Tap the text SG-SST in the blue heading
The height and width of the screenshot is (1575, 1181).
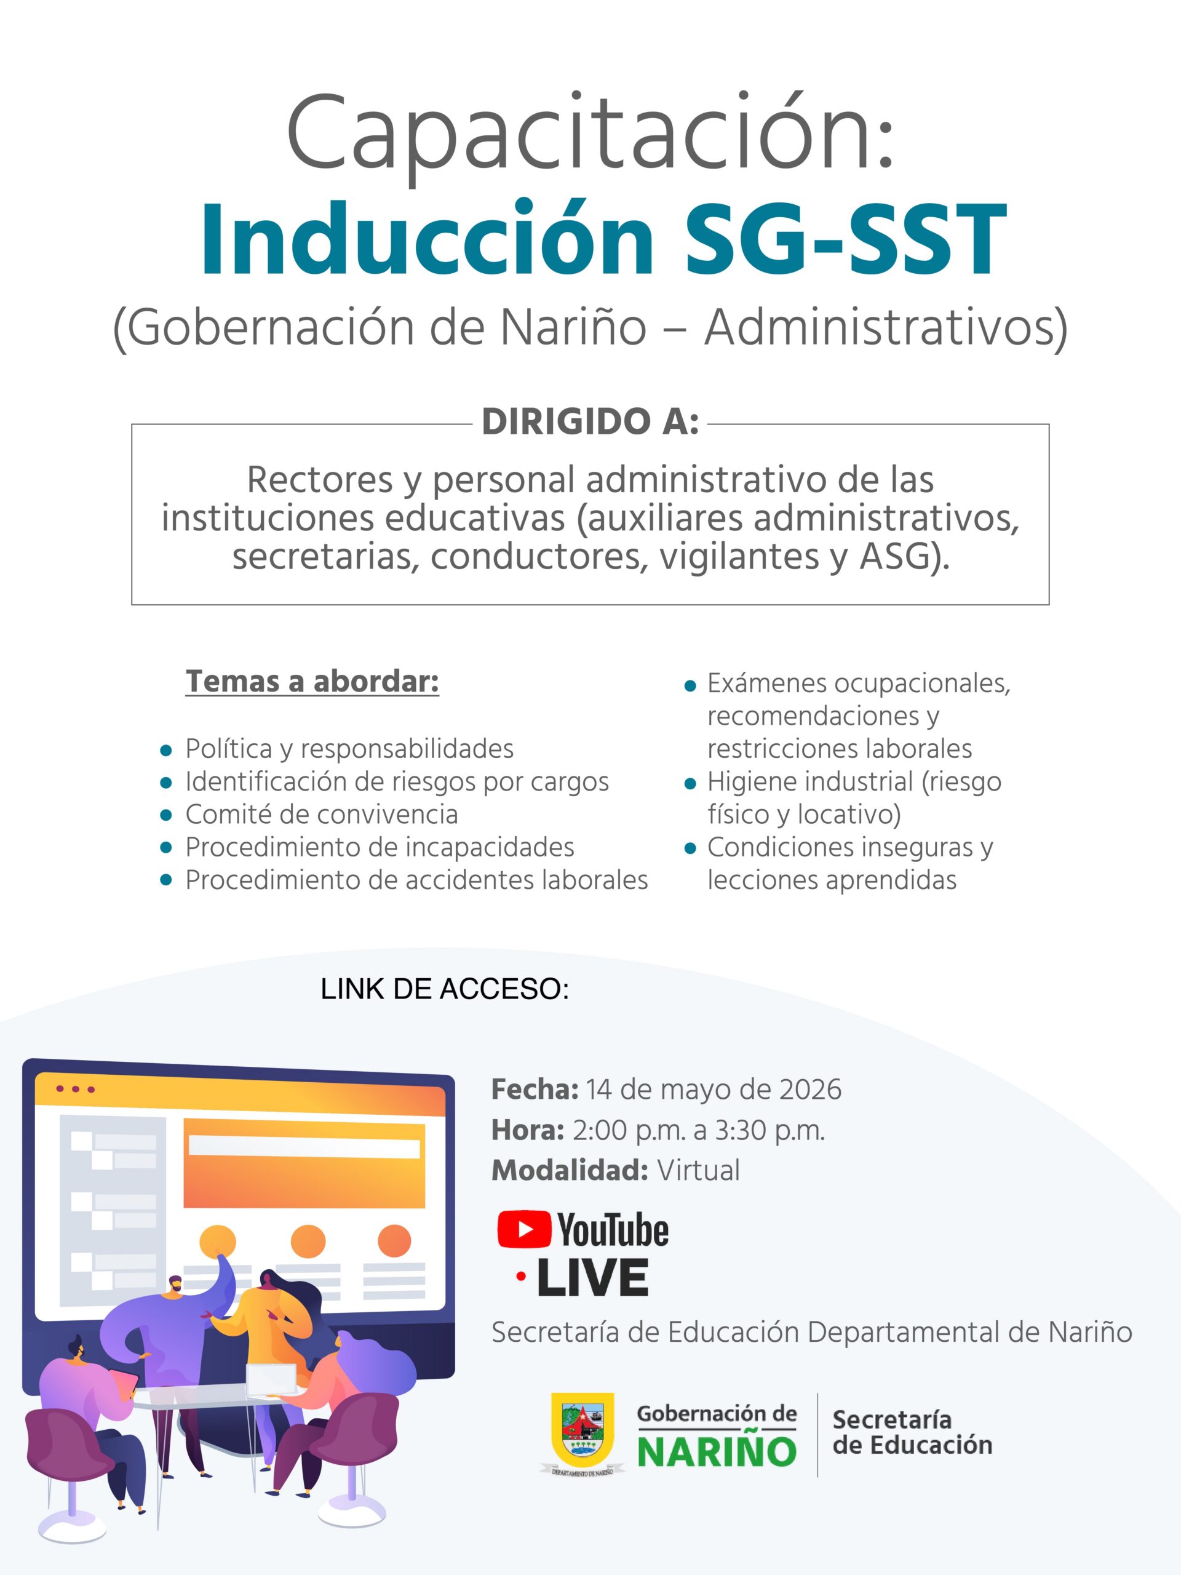(845, 239)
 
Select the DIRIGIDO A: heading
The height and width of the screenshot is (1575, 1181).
(590, 422)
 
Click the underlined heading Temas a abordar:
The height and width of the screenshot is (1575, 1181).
(312, 682)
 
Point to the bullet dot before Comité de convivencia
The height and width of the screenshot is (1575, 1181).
(167, 815)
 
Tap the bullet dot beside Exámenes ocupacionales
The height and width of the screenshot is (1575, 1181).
(689, 687)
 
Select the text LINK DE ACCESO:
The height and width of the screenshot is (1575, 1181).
(445, 989)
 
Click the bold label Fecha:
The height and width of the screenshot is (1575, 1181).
(535, 1090)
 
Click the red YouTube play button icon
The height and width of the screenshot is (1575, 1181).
(524, 1230)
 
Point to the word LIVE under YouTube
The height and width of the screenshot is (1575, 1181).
(592, 1277)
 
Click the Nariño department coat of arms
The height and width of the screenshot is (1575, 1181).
(583, 1427)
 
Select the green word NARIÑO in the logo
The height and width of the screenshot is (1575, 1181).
(716, 1452)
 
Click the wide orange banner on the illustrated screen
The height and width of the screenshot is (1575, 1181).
(304, 1163)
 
